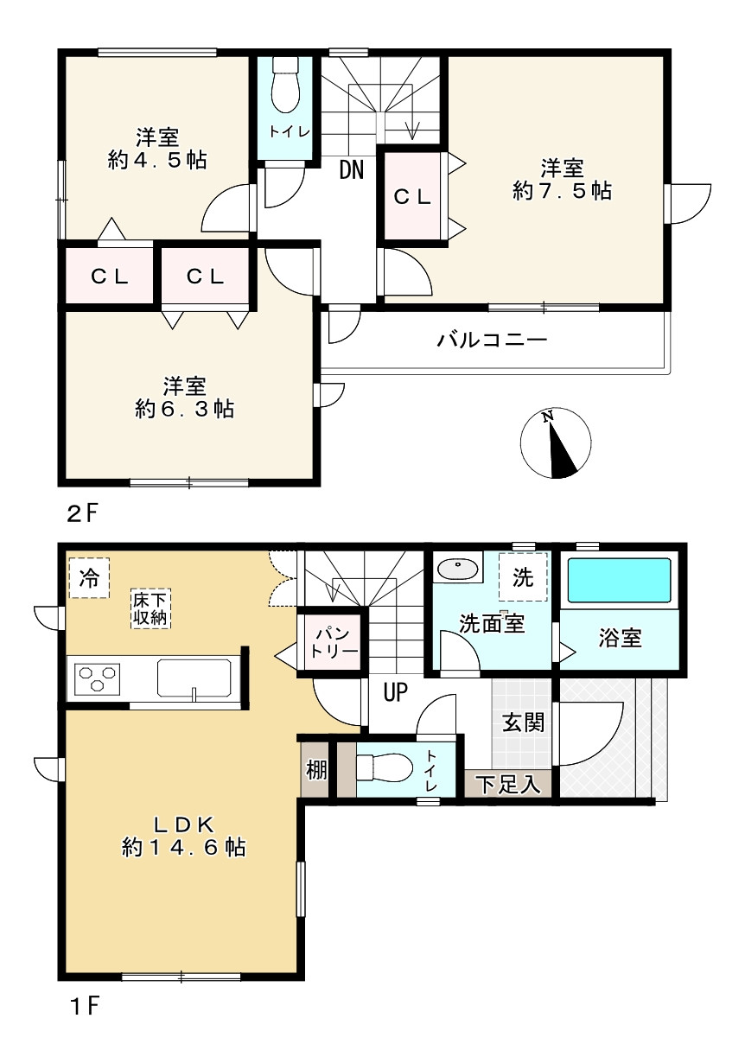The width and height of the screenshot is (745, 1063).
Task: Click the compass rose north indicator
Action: pos(556,442)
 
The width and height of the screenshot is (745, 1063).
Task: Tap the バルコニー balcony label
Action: pos(492,341)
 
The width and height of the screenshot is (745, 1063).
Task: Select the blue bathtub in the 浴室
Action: pos(619,582)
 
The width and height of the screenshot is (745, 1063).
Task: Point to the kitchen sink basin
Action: pos(194,678)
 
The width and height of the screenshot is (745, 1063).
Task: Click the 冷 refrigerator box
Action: pos(89,577)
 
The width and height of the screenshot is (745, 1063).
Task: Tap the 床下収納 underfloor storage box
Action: pos(151,609)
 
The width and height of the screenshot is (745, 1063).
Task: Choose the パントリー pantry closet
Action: pos(333,642)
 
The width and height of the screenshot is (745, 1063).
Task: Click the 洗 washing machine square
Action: pos(522,576)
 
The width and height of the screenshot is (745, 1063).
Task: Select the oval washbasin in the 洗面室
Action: pos(458,568)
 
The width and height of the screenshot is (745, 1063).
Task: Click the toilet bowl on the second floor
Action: pos(286,86)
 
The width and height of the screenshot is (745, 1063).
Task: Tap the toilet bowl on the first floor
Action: pos(384,767)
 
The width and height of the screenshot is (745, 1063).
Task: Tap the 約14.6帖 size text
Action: pos(184,848)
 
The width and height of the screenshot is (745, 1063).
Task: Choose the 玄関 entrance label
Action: pos(524,722)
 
